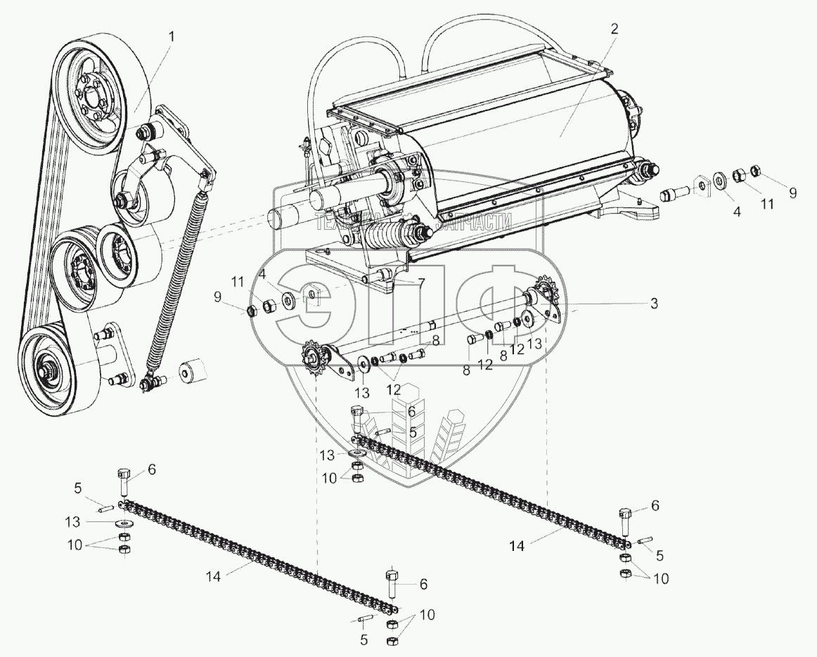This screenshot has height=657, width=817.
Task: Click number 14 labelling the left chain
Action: pos(214,575)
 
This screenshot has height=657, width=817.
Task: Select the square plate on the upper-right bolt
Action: pos(700,185)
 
